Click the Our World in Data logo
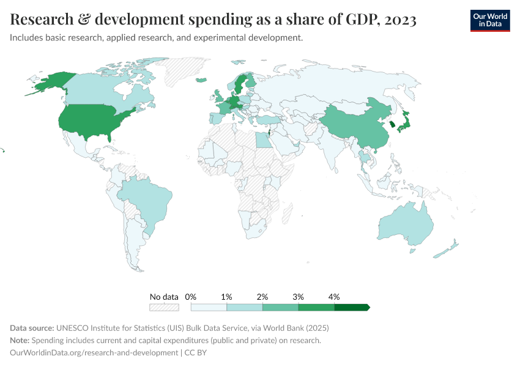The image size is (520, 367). click(x=489, y=20)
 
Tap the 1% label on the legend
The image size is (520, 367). click(x=226, y=297)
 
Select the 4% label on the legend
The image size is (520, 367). click(x=334, y=297)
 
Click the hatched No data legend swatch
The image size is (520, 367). click(x=164, y=307)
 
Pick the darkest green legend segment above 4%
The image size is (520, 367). click(x=351, y=307)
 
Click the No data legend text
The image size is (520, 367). click(x=164, y=297)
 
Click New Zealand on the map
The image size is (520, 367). click(x=447, y=250)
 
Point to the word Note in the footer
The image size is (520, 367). click(x=20, y=340)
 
